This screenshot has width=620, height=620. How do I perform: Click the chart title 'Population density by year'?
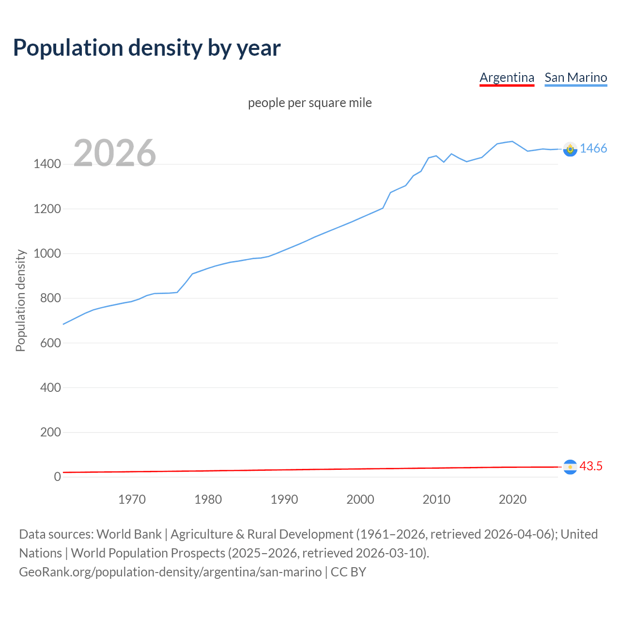point(147,47)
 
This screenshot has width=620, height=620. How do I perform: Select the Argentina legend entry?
point(507,77)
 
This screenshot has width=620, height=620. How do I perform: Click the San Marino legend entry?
point(575,77)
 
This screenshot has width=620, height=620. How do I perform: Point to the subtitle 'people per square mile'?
point(310,103)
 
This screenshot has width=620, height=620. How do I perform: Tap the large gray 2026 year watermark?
point(115,153)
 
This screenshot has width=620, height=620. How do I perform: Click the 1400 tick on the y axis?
point(47,164)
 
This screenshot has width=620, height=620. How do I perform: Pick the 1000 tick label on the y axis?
point(47,254)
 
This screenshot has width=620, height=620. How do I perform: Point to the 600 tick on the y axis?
point(50,343)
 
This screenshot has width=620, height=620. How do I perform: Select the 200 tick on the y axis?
point(50,432)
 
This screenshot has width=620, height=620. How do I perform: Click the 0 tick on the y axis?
point(57,477)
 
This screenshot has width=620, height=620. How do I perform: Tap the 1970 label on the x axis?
point(132,499)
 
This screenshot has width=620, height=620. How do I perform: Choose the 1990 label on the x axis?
point(284,499)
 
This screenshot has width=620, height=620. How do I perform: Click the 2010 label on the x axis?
point(436,499)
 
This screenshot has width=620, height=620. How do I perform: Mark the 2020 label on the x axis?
point(512,499)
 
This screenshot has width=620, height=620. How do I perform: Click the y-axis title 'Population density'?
point(20,300)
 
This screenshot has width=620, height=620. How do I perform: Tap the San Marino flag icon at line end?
point(570,149)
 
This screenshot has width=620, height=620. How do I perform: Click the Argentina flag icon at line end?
point(570,467)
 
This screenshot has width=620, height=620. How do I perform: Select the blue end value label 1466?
point(593,149)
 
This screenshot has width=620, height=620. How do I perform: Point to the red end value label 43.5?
point(591,466)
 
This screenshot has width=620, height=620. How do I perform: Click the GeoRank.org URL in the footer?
point(170,572)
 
